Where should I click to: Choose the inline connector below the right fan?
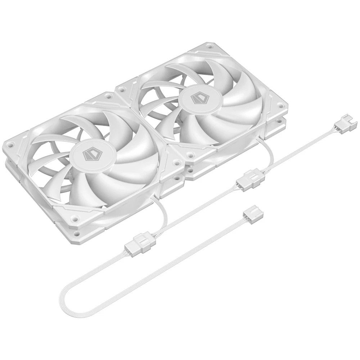(248, 180)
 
